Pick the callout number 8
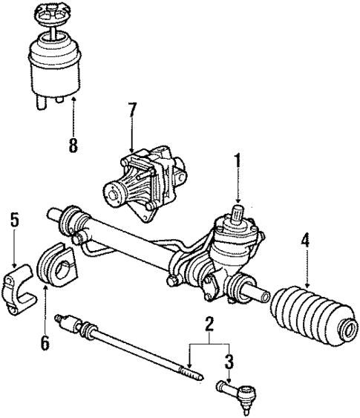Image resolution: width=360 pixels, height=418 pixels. tap(73, 145)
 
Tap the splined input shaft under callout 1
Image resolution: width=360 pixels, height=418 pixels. tap(238, 217)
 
